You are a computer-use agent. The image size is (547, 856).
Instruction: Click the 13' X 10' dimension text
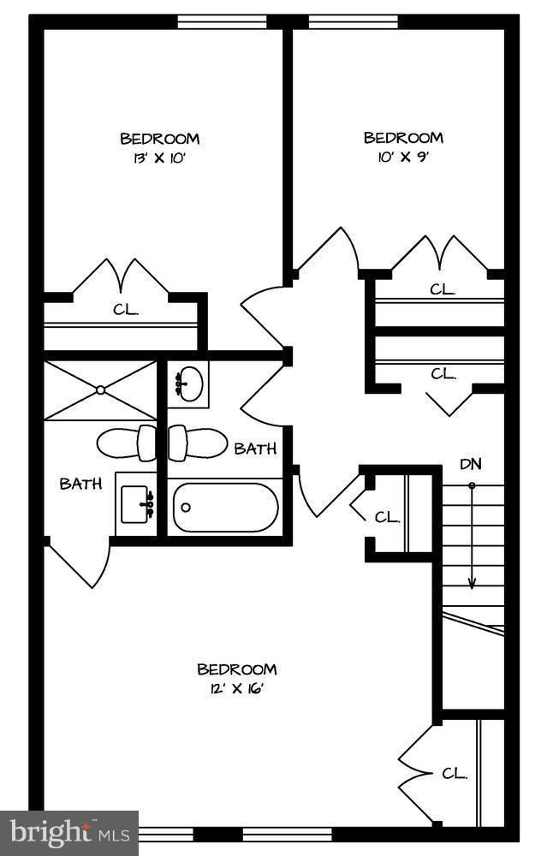(x=160, y=158)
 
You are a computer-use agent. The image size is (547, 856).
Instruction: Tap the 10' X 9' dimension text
(x=403, y=158)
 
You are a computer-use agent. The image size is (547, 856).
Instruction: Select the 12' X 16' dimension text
(x=236, y=688)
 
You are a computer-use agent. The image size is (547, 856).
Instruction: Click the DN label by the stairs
(x=471, y=464)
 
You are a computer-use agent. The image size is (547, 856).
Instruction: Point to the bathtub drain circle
(x=186, y=508)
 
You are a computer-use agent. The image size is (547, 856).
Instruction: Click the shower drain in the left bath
(x=100, y=389)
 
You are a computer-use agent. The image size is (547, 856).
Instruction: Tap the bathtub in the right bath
(x=225, y=508)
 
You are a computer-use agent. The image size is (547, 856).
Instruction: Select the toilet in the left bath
(x=126, y=443)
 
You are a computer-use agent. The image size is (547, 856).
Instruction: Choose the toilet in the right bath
(x=197, y=443)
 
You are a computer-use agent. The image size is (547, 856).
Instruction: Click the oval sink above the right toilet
(x=188, y=383)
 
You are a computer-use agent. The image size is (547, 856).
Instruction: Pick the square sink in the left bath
(x=136, y=504)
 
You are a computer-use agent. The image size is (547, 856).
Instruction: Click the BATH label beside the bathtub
(x=255, y=449)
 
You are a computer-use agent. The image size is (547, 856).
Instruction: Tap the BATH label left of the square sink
(x=80, y=484)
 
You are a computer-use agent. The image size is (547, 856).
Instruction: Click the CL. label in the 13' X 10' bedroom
(x=126, y=310)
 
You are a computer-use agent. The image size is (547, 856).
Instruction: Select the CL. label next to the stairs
(x=388, y=517)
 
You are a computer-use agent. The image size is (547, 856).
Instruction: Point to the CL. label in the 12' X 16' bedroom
(x=455, y=774)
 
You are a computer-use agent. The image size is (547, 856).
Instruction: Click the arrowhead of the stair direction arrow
(x=472, y=584)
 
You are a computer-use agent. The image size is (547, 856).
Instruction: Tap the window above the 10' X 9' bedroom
(x=354, y=22)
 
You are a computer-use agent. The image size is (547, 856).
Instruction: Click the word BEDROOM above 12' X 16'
(x=237, y=669)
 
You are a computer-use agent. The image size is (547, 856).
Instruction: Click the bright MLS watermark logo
(x=69, y=833)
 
